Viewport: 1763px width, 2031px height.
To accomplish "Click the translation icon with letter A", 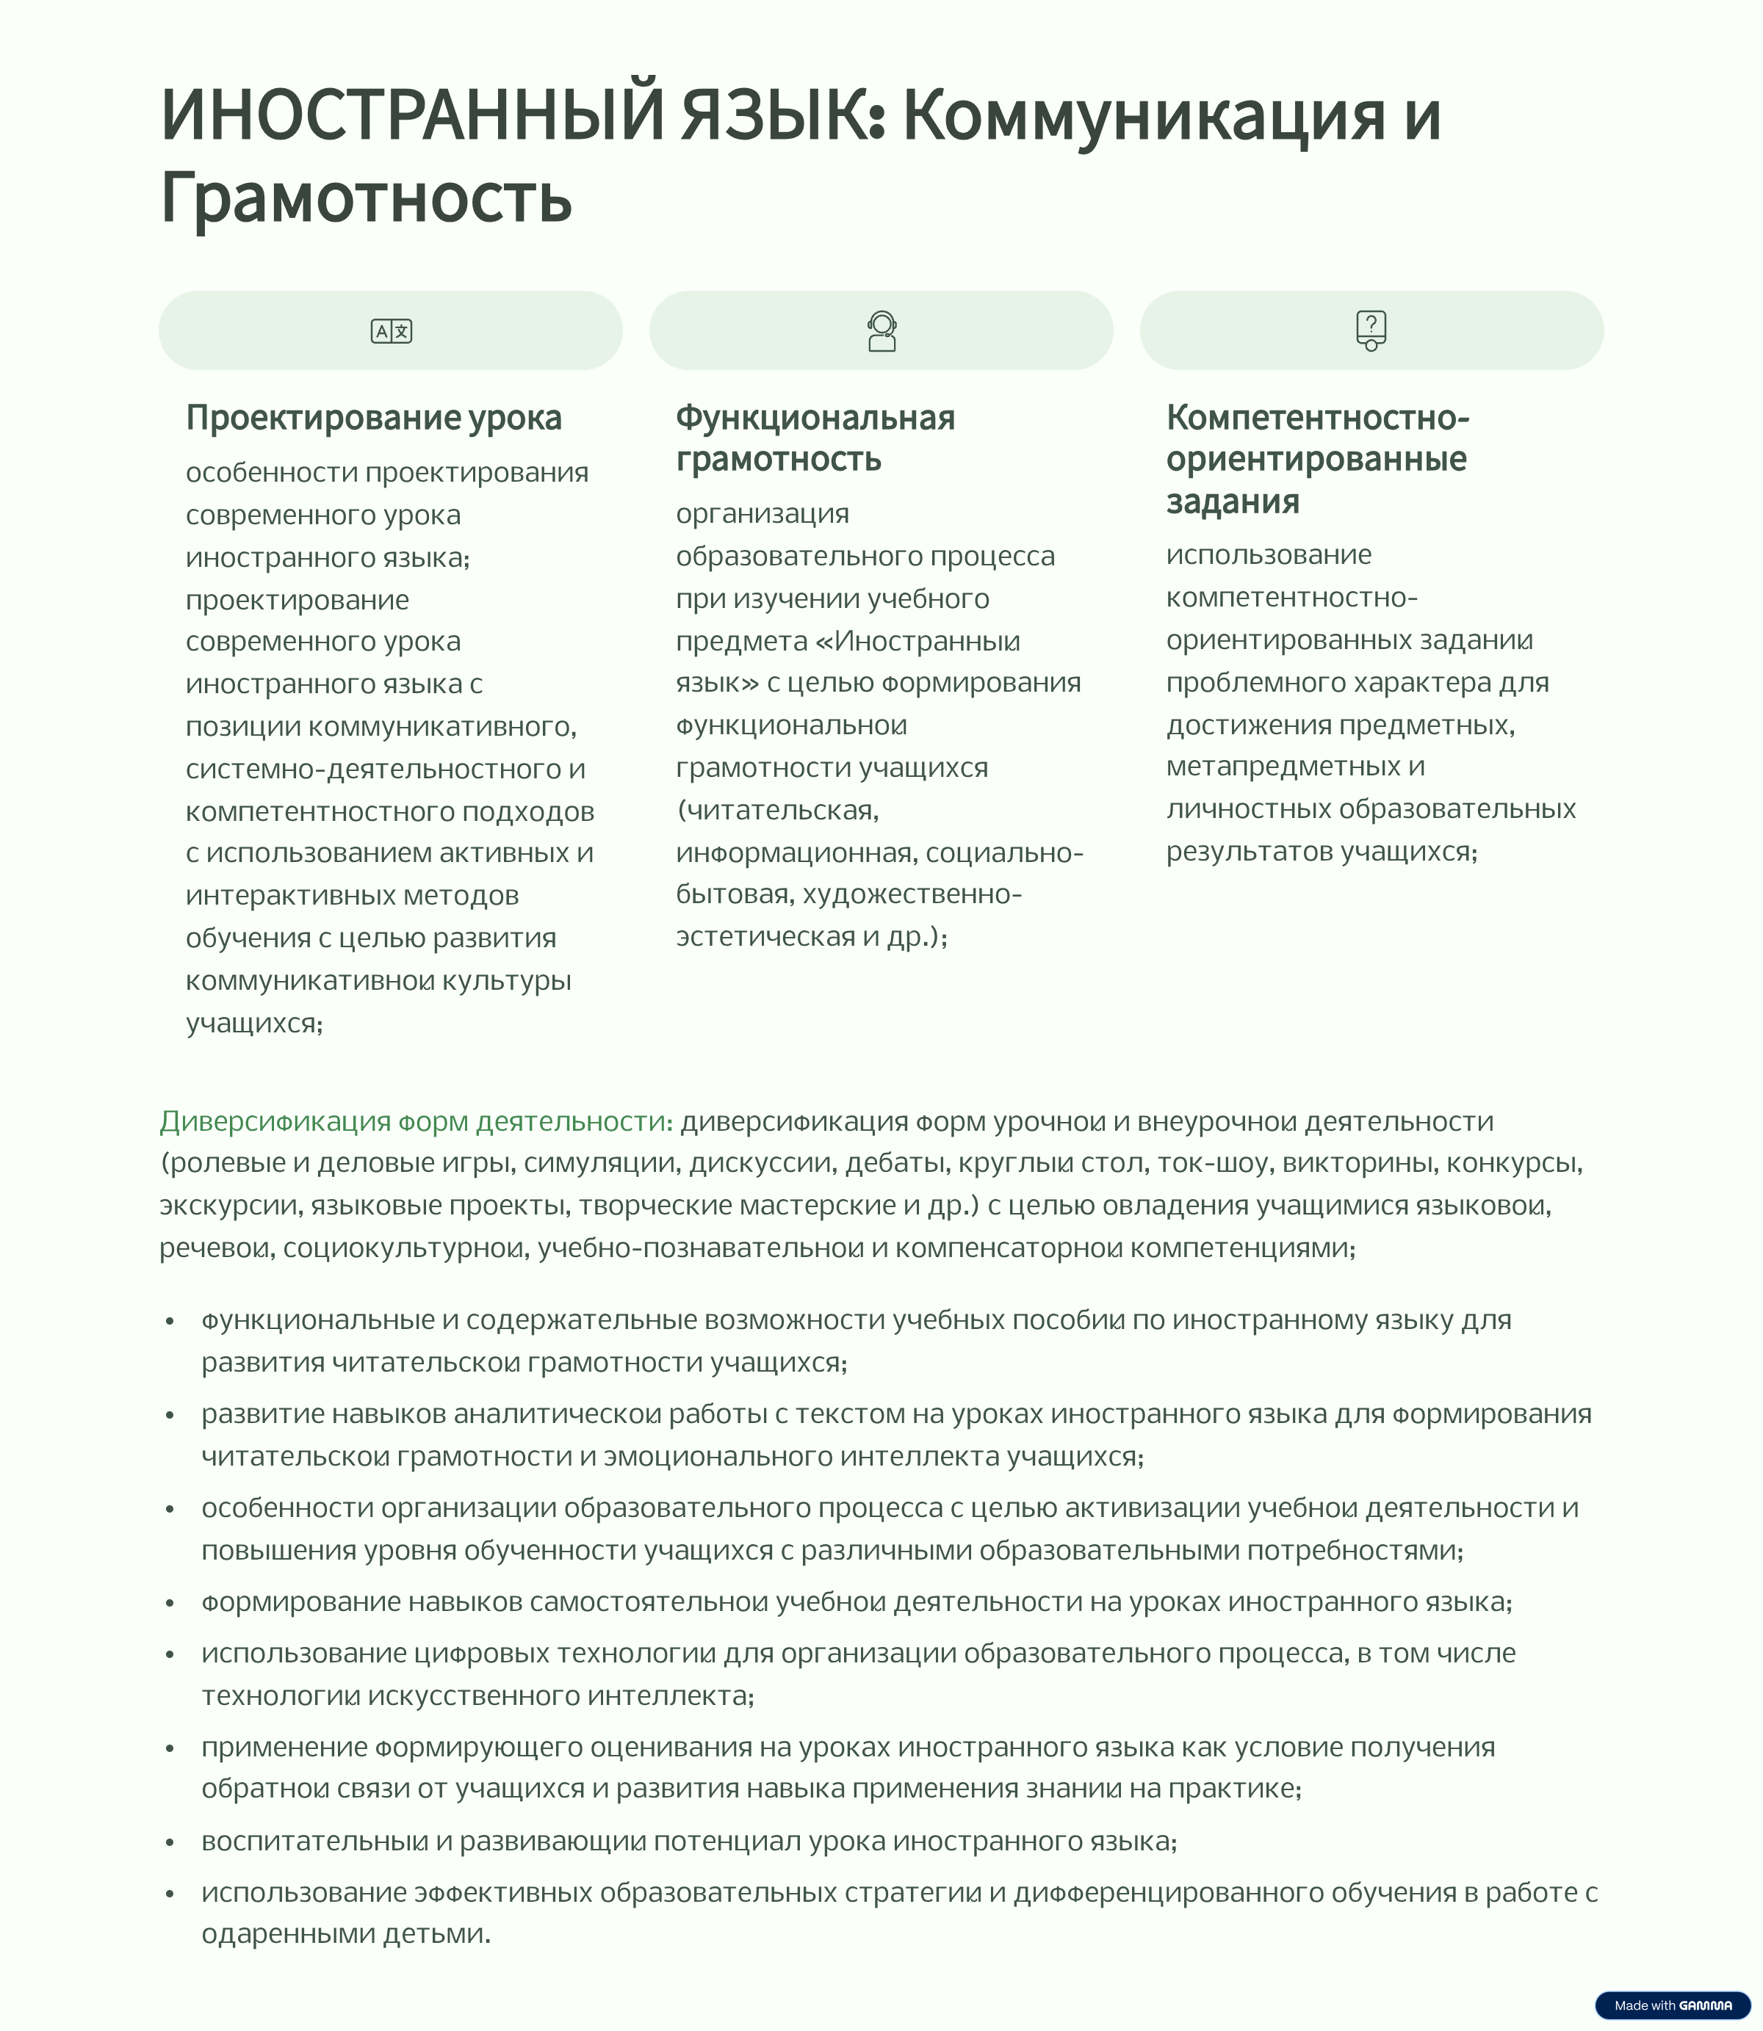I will click(391, 331).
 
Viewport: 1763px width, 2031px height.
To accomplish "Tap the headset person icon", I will click(881, 331).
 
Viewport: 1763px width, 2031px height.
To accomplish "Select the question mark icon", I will click(1371, 330).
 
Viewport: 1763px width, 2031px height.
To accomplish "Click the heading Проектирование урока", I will click(373, 418).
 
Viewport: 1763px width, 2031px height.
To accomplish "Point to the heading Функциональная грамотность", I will click(815, 438).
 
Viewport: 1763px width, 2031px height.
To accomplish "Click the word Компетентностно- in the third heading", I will click(1317, 418).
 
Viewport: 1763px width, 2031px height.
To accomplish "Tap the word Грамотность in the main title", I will click(366, 198).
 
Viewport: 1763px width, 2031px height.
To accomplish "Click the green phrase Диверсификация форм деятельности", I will click(415, 1121).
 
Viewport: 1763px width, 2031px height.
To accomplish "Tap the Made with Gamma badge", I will click(1673, 2005).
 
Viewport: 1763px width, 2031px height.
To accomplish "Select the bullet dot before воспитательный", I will click(170, 1842).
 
